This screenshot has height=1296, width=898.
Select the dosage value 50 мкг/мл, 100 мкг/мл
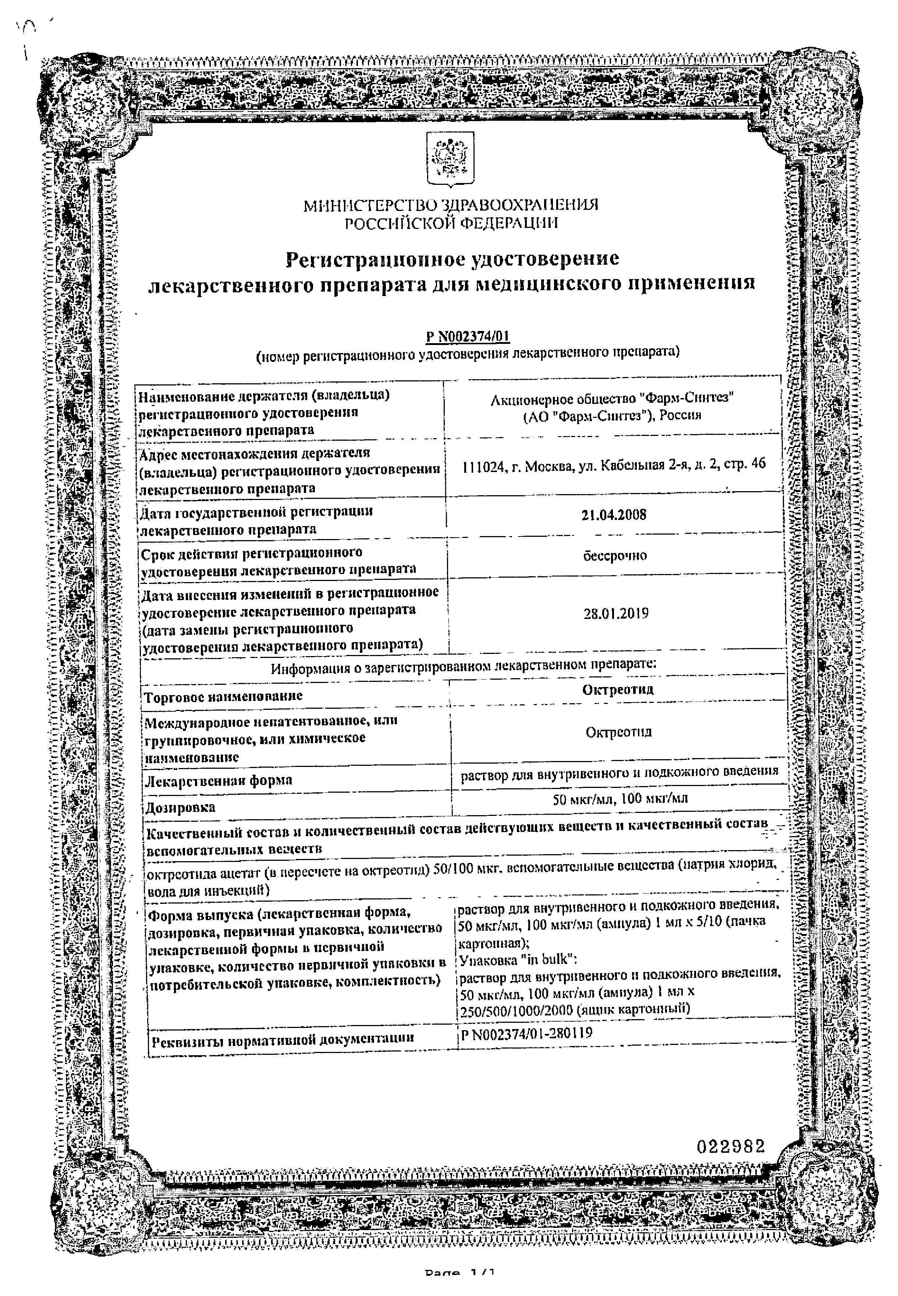[x=620, y=798]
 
